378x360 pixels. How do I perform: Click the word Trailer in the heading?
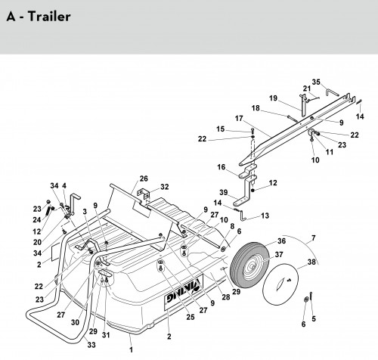pos(49,17)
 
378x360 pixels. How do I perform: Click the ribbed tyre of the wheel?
pos(235,267)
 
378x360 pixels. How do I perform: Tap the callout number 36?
pos(281,241)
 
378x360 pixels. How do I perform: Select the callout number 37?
pos(279,255)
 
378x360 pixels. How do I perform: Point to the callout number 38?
pos(311,262)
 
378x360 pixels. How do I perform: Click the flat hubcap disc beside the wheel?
pos(280,284)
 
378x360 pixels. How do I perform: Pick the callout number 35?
pos(316,82)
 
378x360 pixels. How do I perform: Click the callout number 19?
pos(273,98)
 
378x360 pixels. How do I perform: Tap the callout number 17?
pos(239,118)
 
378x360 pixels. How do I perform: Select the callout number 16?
pos(222,167)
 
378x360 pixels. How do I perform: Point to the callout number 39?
pos(224,192)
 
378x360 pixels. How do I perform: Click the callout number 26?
pos(144,178)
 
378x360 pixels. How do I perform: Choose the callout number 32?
pos(164,187)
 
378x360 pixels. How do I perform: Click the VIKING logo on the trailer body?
pos(184,292)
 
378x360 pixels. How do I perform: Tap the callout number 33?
pos(91,345)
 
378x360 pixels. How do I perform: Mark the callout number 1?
pos(131,349)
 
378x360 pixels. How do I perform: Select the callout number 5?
pos(314,318)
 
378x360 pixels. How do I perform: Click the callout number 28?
pos(226,297)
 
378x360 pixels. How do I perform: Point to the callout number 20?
pos(37,242)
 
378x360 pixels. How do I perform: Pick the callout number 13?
pos(265,216)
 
